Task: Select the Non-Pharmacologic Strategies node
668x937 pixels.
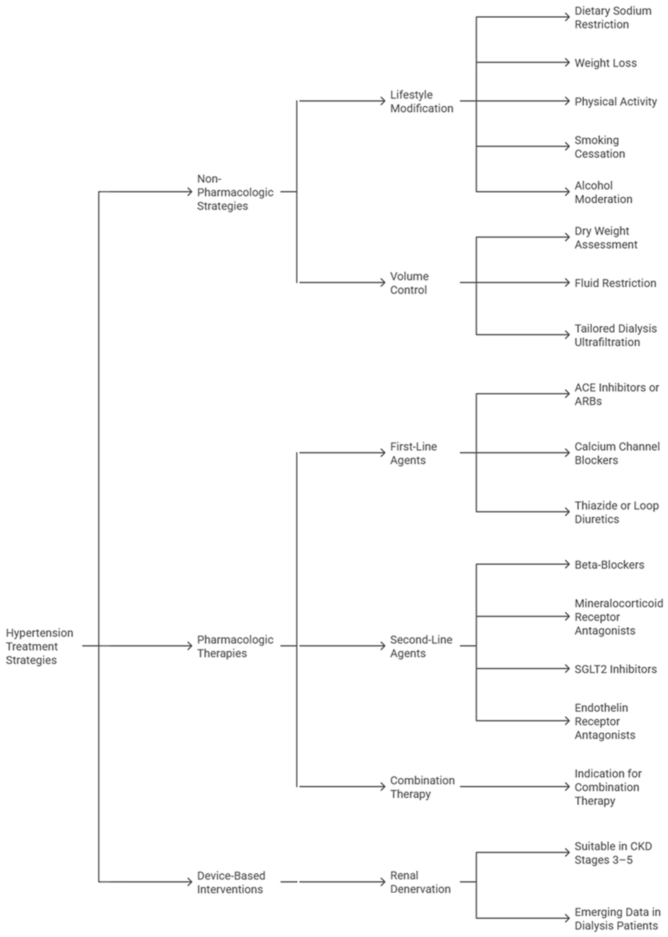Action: (x=235, y=192)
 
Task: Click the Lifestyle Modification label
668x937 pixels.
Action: (x=422, y=101)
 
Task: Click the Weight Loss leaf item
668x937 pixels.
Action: (x=606, y=63)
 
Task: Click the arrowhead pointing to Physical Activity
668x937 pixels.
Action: (x=568, y=101)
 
